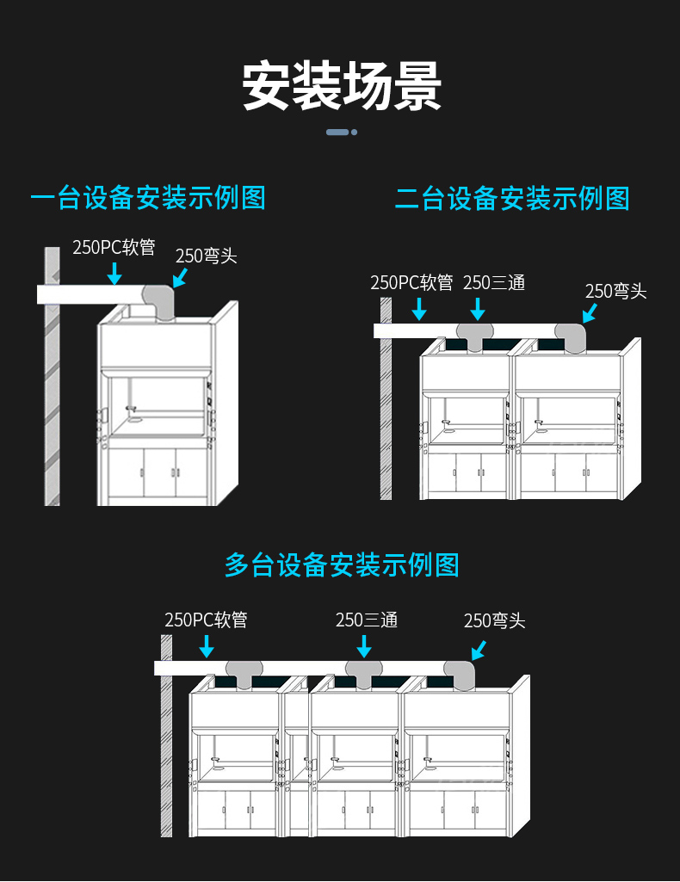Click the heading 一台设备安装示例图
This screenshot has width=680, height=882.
[148, 198]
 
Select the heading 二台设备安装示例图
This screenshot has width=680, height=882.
[512, 199]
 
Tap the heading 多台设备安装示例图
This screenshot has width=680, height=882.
[342, 564]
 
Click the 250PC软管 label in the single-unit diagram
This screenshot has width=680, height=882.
[114, 248]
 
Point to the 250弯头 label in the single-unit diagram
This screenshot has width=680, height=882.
[206, 256]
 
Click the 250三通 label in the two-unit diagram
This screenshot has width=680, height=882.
[493, 282]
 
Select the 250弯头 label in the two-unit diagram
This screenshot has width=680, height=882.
[615, 291]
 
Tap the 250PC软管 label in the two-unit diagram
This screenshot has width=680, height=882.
[411, 282]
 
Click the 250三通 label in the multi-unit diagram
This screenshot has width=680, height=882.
[367, 620]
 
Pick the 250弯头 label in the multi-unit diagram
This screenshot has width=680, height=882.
[494, 620]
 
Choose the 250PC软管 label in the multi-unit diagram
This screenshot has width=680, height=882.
[206, 620]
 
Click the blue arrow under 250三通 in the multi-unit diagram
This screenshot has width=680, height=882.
[365, 646]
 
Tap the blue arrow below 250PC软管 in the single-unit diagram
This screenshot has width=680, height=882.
[114, 274]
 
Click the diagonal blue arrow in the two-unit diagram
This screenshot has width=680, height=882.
[590, 312]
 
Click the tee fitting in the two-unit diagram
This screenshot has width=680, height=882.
[475, 334]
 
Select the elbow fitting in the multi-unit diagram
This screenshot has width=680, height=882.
[460, 674]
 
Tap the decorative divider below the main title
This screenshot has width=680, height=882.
[341, 132]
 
